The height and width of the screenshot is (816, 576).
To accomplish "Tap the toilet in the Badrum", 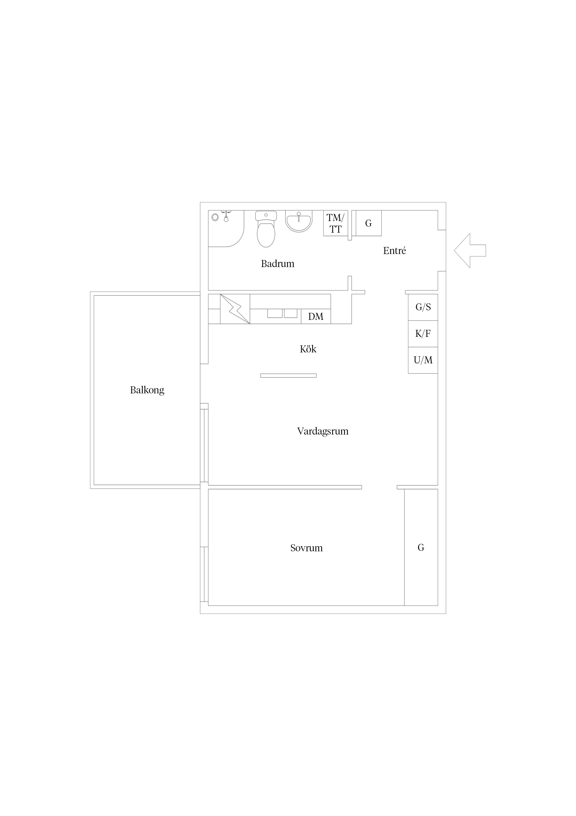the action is click(x=266, y=229).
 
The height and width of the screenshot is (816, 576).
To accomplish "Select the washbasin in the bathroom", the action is click(x=299, y=221).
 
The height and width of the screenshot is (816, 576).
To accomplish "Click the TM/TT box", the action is click(x=335, y=223).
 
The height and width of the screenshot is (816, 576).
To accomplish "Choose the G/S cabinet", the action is click(x=423, y=307).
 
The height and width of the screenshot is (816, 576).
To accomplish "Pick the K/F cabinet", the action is click(x=423, y=334).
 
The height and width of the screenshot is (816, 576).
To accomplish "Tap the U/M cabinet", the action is click(x=423, y=360).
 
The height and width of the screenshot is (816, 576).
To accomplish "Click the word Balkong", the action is click(x=147, y=390).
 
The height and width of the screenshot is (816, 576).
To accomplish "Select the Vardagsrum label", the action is click(x=323, y=431).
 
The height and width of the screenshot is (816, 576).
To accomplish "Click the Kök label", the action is click(x=308, y=349).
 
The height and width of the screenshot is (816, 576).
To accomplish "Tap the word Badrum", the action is click(x=278, y=264).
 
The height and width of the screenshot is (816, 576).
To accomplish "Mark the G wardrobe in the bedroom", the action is click(x=421, y=547).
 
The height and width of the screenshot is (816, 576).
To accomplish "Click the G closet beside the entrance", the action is click(x=368, y=223).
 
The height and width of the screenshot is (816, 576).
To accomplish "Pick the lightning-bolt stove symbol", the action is click(x=235, y=309).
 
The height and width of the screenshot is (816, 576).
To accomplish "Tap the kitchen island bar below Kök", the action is click(x=288, y=376).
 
